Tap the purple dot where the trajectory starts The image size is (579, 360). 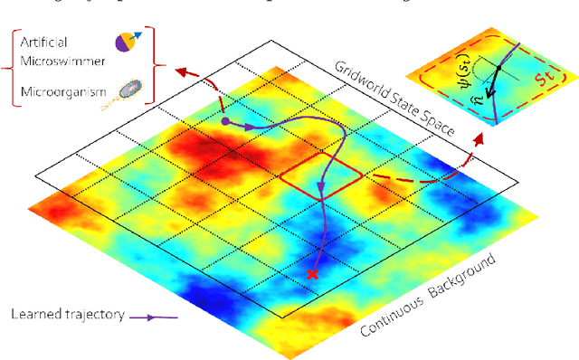click(x=224, y=120)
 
